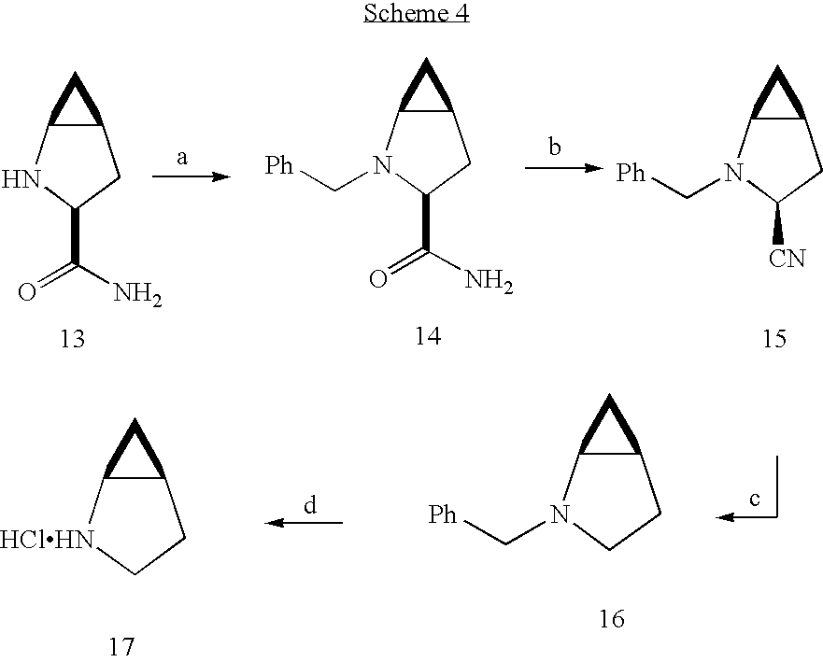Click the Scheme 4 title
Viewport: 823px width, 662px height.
click(417, 12)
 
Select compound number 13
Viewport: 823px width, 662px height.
click(73, 339)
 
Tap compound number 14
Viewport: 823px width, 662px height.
click(428, 336)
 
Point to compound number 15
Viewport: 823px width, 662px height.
click(774, 339)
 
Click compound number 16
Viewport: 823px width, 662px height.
click(612, 619)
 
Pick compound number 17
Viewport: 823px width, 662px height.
click(121, 646)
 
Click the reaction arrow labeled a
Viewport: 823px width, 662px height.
click(192, 176)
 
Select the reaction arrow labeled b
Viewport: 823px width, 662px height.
click(564, 168)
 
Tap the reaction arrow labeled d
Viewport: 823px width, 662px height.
click(304, 523)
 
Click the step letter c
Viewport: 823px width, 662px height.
click(755, 499)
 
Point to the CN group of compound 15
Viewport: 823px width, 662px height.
click(788, 259)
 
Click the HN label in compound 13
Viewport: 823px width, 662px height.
click(21, 179)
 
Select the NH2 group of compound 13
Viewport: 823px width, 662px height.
click(138, 294)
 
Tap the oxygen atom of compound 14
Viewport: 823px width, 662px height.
click(378, 279)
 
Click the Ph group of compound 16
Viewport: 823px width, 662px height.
click(443, 514)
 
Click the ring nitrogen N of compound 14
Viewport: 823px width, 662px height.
click(382, 165)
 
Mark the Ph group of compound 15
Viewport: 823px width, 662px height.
click(631, 173)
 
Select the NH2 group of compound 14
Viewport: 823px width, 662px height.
click(490, 281)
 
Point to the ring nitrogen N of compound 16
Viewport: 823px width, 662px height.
click(560, 514)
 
